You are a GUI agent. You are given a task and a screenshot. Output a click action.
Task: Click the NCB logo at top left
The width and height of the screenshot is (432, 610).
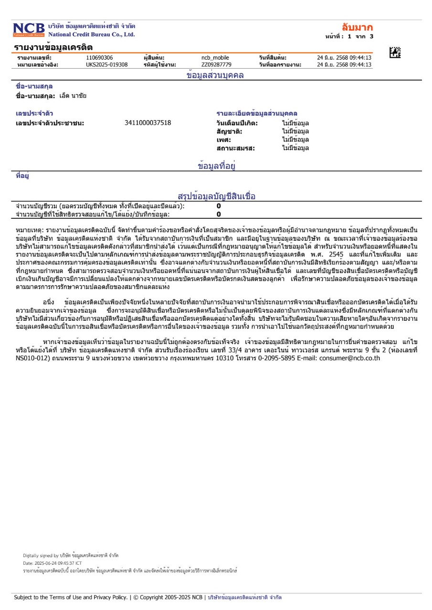[29, 30]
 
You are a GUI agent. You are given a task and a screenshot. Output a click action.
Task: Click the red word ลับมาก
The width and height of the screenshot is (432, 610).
[358, 27]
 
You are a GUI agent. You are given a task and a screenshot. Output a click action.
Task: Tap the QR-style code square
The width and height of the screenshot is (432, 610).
[395, 53]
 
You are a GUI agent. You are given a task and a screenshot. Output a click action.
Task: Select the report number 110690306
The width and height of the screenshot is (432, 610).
[99, 58]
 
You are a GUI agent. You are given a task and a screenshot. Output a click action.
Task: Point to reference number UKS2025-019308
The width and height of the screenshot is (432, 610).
[107, 64]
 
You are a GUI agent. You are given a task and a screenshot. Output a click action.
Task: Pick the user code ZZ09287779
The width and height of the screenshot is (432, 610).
[216, 64]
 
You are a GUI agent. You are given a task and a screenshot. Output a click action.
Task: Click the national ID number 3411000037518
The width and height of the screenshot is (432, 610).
[148, 123]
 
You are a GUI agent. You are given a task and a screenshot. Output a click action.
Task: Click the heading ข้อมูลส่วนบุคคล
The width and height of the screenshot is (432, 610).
[215, 75]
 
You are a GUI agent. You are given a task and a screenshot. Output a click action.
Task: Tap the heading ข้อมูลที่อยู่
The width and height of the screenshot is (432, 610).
[217, 166]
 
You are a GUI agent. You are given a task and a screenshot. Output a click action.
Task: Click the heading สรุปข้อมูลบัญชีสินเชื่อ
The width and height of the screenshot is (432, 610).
[216, 196]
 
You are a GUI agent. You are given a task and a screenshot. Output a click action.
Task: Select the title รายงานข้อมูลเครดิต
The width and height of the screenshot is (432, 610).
[53, 47]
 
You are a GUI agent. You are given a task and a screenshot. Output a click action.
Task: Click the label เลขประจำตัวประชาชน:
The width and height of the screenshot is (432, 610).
[50, 123]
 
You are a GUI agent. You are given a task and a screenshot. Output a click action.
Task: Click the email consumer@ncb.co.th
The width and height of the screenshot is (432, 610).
[349, 357]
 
